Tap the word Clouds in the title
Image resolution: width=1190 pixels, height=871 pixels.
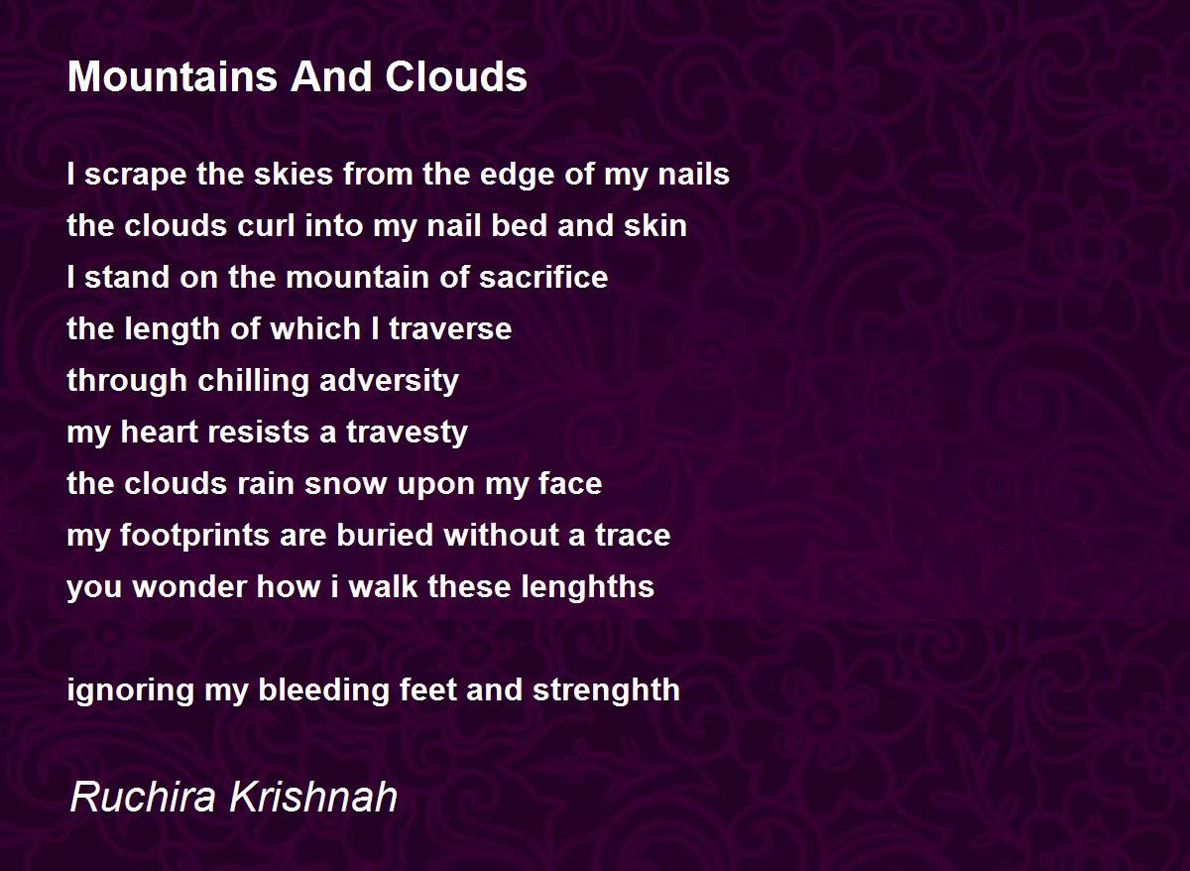456,76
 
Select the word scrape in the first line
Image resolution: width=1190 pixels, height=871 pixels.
136,175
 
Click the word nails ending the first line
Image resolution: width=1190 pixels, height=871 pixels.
693,174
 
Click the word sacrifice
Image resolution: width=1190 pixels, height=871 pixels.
543,277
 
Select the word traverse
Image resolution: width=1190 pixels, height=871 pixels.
450,328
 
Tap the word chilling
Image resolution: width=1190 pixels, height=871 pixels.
254,382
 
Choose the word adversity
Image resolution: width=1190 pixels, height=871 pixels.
389,382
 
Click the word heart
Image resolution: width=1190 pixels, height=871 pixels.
159,432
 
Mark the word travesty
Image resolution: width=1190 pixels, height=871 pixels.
407,433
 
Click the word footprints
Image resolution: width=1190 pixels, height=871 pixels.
195,536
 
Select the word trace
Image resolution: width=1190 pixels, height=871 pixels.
633,535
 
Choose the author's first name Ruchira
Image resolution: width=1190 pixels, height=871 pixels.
143,797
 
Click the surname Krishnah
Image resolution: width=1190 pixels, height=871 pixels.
313,797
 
